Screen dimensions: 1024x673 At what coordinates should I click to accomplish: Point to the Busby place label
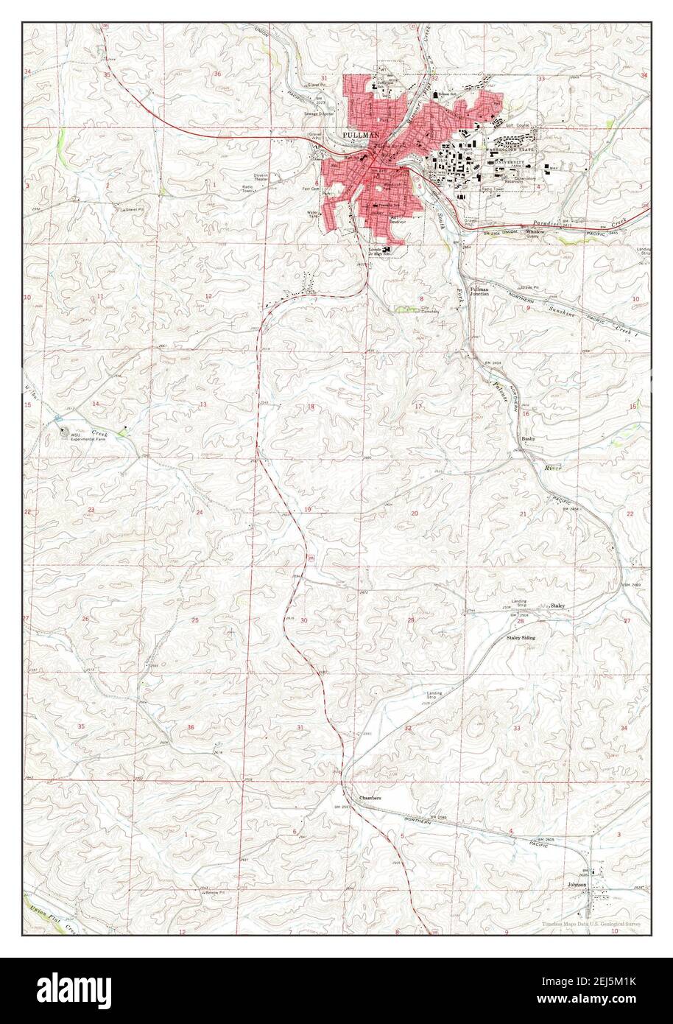[528, 439]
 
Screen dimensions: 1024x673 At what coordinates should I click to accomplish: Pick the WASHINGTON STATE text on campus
[511, 150]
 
